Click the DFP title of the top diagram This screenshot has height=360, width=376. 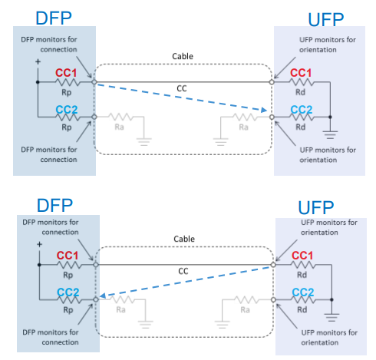[54, 18]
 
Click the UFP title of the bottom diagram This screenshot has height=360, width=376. [316, 207]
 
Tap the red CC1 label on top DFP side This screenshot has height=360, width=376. [66, 73]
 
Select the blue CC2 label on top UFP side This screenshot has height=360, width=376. [302, 110]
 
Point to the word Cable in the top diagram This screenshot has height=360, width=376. [183, 56]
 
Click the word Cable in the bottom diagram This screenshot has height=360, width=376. [184, 239]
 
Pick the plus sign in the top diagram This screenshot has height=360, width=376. [38, 61]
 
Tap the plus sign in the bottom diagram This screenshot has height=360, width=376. [39, 244]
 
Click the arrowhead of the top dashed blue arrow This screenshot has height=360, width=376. [264, 110]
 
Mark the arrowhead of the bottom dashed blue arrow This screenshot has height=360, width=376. [102, 296]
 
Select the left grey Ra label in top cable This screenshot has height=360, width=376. [120, 127]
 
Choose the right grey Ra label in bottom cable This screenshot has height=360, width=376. [245, 310]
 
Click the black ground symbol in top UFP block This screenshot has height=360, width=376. [330, 134]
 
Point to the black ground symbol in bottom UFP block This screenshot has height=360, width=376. [331, 317]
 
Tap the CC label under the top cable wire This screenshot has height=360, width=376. [182, 88]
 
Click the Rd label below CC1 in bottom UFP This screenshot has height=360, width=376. [302, 275]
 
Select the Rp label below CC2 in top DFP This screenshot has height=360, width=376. [67, 127]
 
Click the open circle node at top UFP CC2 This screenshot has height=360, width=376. [272, 117]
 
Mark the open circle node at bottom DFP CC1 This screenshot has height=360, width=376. [96, 265]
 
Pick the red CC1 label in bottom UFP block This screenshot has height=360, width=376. [302, 256]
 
